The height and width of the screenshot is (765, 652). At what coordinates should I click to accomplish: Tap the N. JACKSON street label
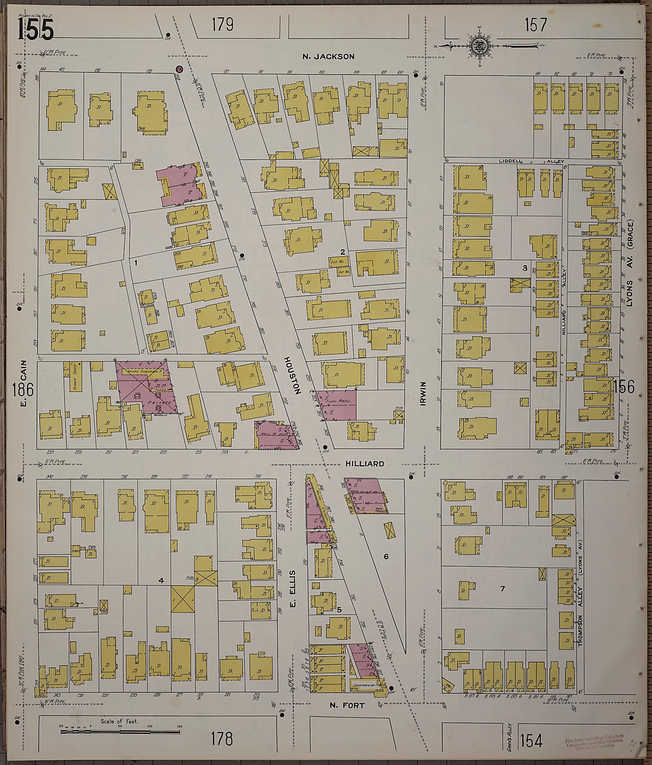point(328,56)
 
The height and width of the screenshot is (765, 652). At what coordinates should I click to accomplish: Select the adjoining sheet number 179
point(223,25)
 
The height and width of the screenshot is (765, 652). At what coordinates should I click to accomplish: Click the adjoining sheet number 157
point(535,25)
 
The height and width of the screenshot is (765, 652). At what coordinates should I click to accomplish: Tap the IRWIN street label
point(423,394)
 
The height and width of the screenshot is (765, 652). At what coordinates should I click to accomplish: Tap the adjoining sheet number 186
point(23,390)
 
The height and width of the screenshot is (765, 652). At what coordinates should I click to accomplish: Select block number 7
point(502,588)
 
